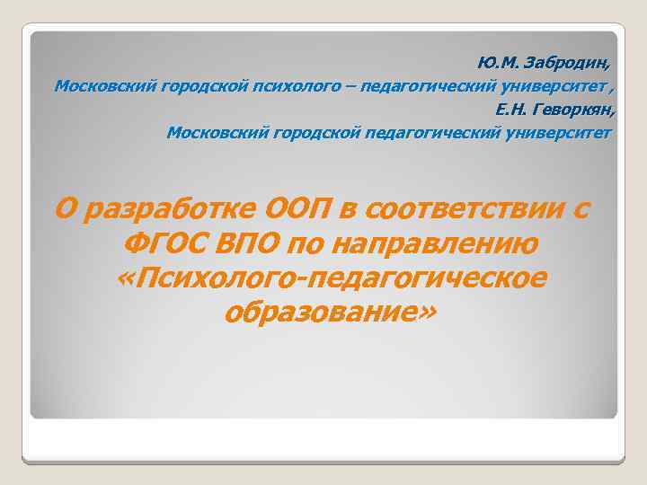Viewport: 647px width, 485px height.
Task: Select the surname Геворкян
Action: (x=577, y=110)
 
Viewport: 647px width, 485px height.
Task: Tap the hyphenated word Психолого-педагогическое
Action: (x=341, y=278)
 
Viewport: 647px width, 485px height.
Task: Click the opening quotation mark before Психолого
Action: (x=125, y=278)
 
